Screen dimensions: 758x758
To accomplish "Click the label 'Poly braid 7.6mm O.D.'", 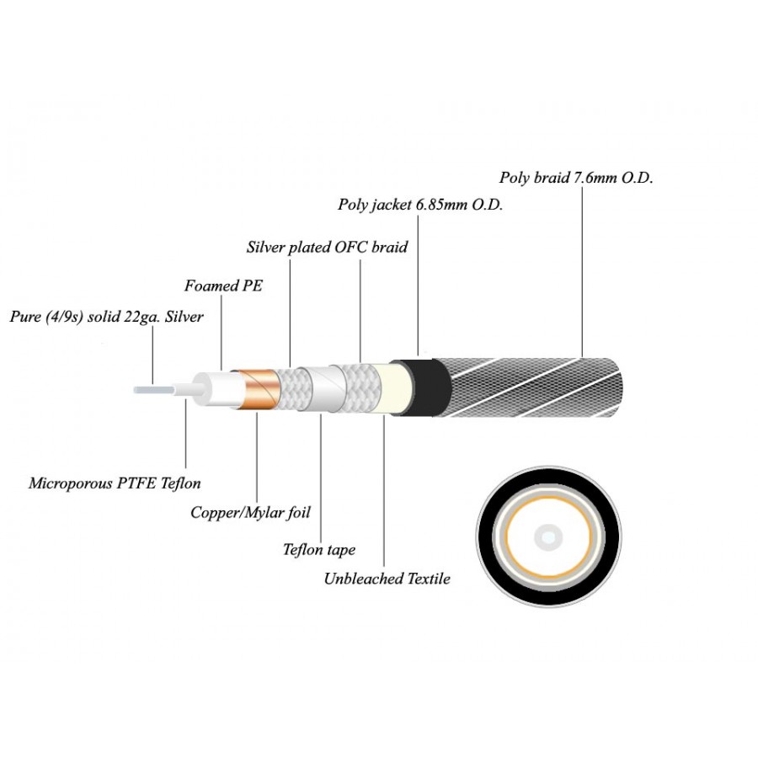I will (576, 178).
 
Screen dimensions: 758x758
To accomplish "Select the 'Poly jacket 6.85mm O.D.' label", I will (420, 204).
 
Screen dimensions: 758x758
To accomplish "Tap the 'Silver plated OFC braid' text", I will (327, 248).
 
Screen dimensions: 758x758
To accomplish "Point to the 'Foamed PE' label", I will (223, 286).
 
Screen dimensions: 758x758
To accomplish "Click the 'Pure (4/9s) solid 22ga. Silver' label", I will (106, 318).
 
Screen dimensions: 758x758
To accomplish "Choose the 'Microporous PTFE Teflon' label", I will (115, 483).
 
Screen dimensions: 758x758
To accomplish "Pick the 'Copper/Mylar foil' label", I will (245, 512).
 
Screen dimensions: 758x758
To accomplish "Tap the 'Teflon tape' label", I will (319, 550).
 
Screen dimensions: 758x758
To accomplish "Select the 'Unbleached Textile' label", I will (387, 579).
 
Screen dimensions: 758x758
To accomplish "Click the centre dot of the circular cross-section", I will (550, 535).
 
